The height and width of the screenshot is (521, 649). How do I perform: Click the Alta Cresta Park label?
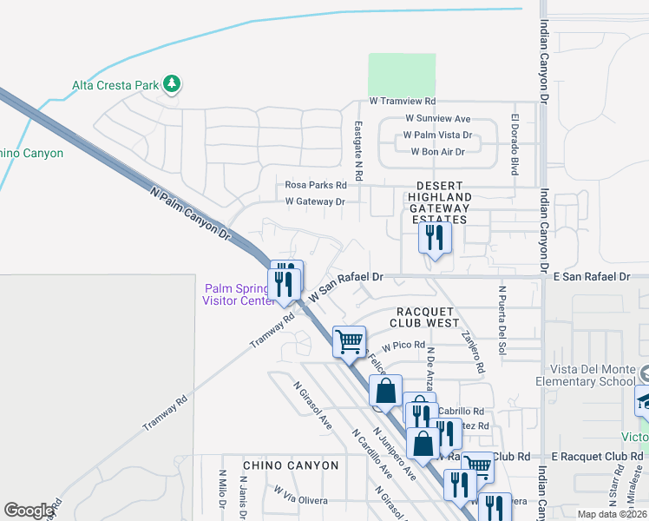[115, 85]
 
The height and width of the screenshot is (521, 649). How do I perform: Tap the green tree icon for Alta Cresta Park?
[173, 83]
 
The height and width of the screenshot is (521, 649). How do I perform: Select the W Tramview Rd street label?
[402, 102]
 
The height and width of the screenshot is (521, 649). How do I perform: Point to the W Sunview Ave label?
[437, 119]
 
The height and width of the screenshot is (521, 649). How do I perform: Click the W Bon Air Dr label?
[437, 152]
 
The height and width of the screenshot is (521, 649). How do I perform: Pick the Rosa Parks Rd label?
[316, 185]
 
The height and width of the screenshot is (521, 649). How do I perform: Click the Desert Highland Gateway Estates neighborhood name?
[442, 203]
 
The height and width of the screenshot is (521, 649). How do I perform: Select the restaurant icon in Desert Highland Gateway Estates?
[435, 237]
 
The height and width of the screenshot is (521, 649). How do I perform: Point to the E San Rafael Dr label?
[591, 276]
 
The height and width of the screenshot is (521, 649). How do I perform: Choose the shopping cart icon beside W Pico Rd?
[349, 341]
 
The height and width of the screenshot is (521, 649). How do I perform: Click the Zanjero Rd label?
[473, 351]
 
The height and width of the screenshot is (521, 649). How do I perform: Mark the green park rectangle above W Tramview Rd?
[402, 75]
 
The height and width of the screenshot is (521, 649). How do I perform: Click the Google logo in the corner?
[29, 511]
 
